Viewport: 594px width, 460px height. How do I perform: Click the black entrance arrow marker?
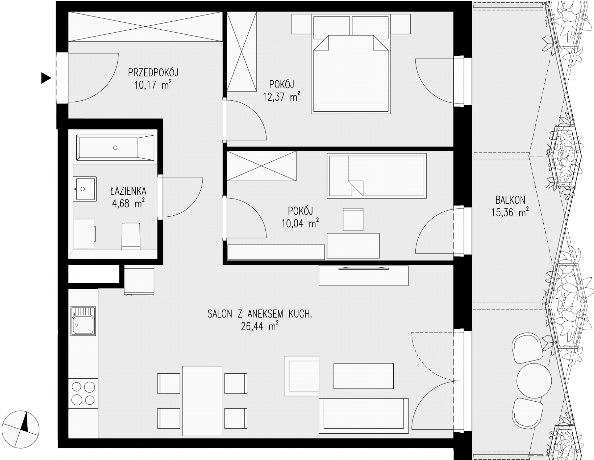coord(46,78)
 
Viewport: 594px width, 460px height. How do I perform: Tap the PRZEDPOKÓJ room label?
coord(153,72)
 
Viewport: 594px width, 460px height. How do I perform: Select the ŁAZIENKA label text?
coord(128,191)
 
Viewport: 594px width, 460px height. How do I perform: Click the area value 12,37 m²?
coord(281,97)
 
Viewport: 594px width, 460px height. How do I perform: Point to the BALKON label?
coord(510,200)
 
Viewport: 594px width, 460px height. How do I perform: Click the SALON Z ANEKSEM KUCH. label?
coord(260,314)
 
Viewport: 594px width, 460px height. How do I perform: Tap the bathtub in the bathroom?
coord(115,148)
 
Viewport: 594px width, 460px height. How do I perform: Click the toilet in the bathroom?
coord(131,236)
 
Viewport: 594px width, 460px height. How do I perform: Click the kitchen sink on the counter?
coord(84,321)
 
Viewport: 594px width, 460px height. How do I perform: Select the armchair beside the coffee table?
coord(302,376)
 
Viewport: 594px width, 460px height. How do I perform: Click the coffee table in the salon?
coord(363,376)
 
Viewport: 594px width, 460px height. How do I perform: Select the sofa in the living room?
coord(363,416)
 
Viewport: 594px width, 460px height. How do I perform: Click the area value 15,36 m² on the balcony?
coord(510,212)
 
